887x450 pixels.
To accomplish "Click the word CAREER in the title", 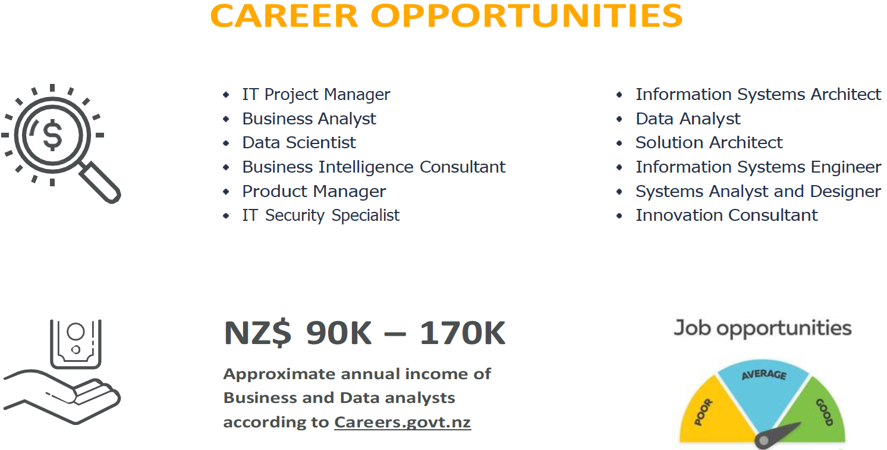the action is pyautogui.click(x=284, y=16).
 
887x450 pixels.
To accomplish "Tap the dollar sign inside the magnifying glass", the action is pyautogui.click(x=53, y=135).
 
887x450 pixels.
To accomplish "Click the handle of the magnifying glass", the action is pyautogui.click(x=100, y=182).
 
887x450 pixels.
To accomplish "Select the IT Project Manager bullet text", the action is pyautogui.click(x=316, y=95).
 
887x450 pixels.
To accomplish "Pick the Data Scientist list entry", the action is pyautogui.click(x=299, y=143).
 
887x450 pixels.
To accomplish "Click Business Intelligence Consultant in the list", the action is pyautogui.click(x=374, y=167).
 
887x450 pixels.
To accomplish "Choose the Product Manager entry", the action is pyautogui.click(x=314, y=192).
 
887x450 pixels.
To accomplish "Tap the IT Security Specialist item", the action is pyautogui.click(x=321, y=215).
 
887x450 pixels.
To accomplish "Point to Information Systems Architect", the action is pyautogui.click(x=759, y=95).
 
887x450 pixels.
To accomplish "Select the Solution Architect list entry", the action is pyautogui.click(x=709, y=143).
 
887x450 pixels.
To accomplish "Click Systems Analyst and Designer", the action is pyautogui.click(x=759, y=192).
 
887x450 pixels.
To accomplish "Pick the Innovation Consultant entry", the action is pyautogui.click(x=726, y=215).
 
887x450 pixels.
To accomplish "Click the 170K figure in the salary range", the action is pyautogui.click(x=462, y=333).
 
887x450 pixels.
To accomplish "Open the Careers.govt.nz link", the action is pyautogui.click(x=402, y=422).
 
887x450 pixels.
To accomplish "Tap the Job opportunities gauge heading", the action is pyautogui.click(x=763, y=329).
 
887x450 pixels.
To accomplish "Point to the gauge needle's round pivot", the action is pyautogui.click(x=764, y=440).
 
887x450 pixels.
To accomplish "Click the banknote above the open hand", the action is pyautogui.click(x=76, y=344).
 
